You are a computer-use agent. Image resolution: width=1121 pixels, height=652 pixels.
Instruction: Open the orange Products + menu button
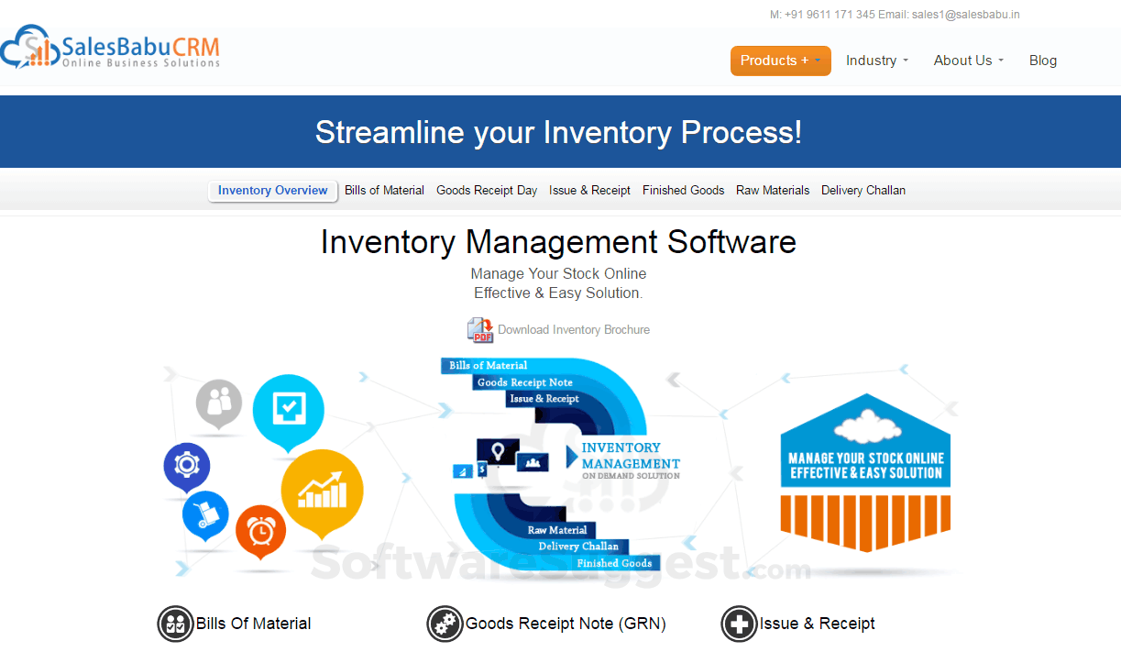tap(780, 61)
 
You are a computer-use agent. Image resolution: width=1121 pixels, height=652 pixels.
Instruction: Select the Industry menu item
tap(876, 61)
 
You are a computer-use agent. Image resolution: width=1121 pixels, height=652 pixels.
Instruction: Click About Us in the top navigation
tap(968, 61)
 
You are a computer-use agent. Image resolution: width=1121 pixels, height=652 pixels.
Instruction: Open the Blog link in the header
tap(1042, 61)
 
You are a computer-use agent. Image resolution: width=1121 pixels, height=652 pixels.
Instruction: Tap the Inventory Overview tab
tap(272, 191)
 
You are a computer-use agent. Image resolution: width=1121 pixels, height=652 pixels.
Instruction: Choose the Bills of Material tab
tap(384, 191)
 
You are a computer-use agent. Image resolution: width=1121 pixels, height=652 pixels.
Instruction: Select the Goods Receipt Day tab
tap(487, 191)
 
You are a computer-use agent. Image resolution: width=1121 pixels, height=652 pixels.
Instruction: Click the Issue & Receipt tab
tap(589, 191)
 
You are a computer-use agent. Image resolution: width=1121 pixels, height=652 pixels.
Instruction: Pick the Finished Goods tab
tap(683, 191)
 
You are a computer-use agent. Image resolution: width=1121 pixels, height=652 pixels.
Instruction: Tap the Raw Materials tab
tap(773, 191)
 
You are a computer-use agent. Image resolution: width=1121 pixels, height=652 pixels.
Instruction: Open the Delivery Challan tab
tap(863, 191)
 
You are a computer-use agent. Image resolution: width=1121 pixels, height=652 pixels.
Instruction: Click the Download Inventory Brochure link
tap(574, 330)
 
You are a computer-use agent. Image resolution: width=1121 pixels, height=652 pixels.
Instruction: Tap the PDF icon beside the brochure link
tap(479, 330)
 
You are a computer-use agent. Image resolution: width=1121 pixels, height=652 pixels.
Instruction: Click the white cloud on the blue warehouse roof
tap(864, 426)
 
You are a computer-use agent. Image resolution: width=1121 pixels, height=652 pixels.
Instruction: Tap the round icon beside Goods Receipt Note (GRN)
tap(445, 624)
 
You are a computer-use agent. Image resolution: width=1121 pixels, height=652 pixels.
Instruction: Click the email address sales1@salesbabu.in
tap(965, 15)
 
